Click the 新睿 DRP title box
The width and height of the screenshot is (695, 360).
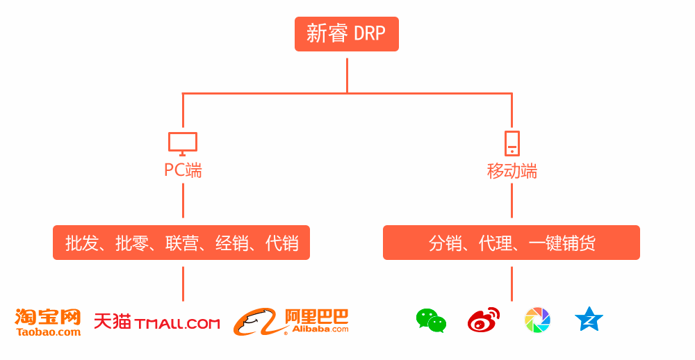(346, 34)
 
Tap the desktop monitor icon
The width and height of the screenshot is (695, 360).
(183, 143)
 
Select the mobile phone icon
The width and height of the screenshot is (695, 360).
(512, 143)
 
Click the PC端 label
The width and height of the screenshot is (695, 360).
(183, 170)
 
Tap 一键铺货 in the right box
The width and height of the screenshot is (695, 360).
(562, 243)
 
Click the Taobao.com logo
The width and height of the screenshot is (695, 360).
(48, 322)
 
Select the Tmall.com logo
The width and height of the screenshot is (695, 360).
(157, 322)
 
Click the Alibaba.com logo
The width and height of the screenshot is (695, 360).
(291, 321)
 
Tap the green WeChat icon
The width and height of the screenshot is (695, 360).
(431, 320)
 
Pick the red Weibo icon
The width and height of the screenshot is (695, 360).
(484, 320)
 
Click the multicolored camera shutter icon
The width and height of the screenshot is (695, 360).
(537, 320)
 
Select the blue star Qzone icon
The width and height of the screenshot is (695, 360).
(589, 319)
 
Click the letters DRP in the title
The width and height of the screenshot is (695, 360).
(370, 34)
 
